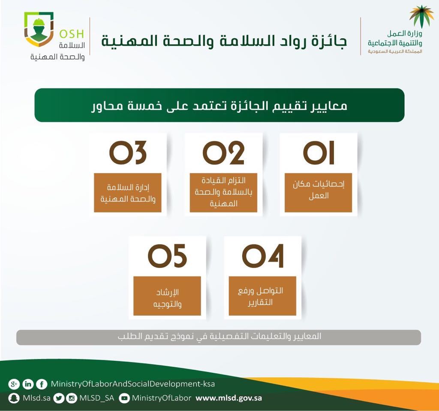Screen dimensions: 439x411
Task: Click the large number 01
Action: [x=319, y=152]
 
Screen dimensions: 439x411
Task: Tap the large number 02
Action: [x=223, y=152]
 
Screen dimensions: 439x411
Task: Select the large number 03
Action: [x=128, y=152]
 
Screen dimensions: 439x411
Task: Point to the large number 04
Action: [x=263, y=256]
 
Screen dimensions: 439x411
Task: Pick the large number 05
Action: [x=167, y=256]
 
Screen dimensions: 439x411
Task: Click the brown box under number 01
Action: [x=319, y=193]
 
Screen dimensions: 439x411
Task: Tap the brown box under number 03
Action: [x=128, y=193]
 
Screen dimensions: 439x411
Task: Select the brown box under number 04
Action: [x=262, y=296]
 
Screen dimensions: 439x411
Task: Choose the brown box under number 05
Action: [x=167, y=296]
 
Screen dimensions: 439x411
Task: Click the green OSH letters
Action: [x=72, y=34]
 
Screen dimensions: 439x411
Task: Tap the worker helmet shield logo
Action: [x=39, y=29]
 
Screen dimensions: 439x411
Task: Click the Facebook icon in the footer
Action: [x=42, y=384]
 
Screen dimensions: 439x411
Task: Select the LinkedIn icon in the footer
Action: [x=28, y=384]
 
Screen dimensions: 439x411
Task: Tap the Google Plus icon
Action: [x=14, y=384]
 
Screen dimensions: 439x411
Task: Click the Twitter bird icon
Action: [x=58, y=399]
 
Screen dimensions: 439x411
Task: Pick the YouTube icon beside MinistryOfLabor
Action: [x=124, y=399]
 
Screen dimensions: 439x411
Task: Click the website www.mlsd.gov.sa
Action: [x=229, y=398]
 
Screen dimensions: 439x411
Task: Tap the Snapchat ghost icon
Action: [x=14, y=399]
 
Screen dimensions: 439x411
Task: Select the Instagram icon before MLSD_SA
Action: [x=72, y=399]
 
